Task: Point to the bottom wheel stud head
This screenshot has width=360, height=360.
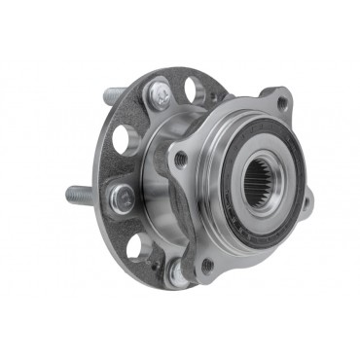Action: coord(176,270)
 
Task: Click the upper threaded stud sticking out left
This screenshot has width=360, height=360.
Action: coord(115,95)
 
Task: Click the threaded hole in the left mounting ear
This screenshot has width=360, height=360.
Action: coord(179,159)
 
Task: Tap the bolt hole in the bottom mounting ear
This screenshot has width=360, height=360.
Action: coord(207,264)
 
